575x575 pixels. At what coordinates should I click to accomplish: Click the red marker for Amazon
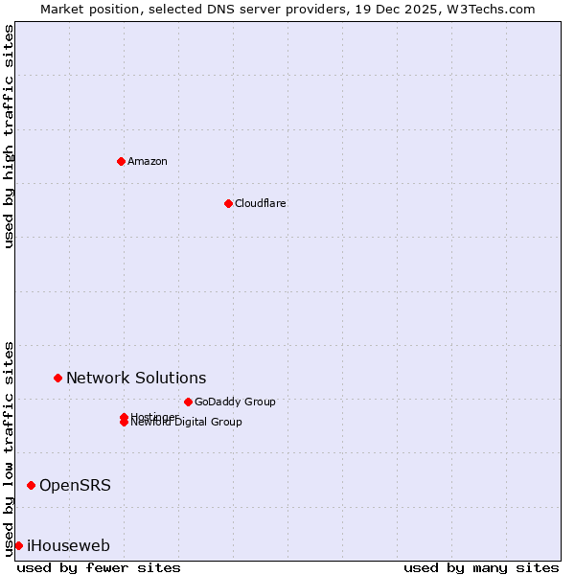click(121, 161)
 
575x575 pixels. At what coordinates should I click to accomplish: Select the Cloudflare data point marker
click(228, 203)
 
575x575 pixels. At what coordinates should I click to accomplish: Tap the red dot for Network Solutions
click(57, 378)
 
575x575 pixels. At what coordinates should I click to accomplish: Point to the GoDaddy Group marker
click(188, 402)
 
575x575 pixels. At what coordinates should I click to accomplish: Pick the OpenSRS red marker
click(31, 485)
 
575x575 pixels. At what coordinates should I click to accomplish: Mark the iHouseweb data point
click(18, 545)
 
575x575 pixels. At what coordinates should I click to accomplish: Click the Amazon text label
click(147, 161)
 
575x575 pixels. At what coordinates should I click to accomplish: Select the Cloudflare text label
click(260, 203)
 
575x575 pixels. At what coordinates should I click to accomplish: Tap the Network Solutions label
click(136, 378)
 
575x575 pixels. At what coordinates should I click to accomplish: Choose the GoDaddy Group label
click(235, 402)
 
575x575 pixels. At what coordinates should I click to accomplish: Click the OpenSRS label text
click(75, 485)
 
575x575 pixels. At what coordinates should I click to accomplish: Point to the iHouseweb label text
click(68, 545)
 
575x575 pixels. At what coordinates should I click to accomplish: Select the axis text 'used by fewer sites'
click(99, 567)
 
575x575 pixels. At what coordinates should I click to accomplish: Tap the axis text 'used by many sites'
click(481, 567)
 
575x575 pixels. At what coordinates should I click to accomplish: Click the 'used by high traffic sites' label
click(9, 136)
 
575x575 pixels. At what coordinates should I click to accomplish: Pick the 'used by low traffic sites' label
click(9, 448)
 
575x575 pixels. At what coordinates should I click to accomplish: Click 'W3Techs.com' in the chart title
click(495, 9)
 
